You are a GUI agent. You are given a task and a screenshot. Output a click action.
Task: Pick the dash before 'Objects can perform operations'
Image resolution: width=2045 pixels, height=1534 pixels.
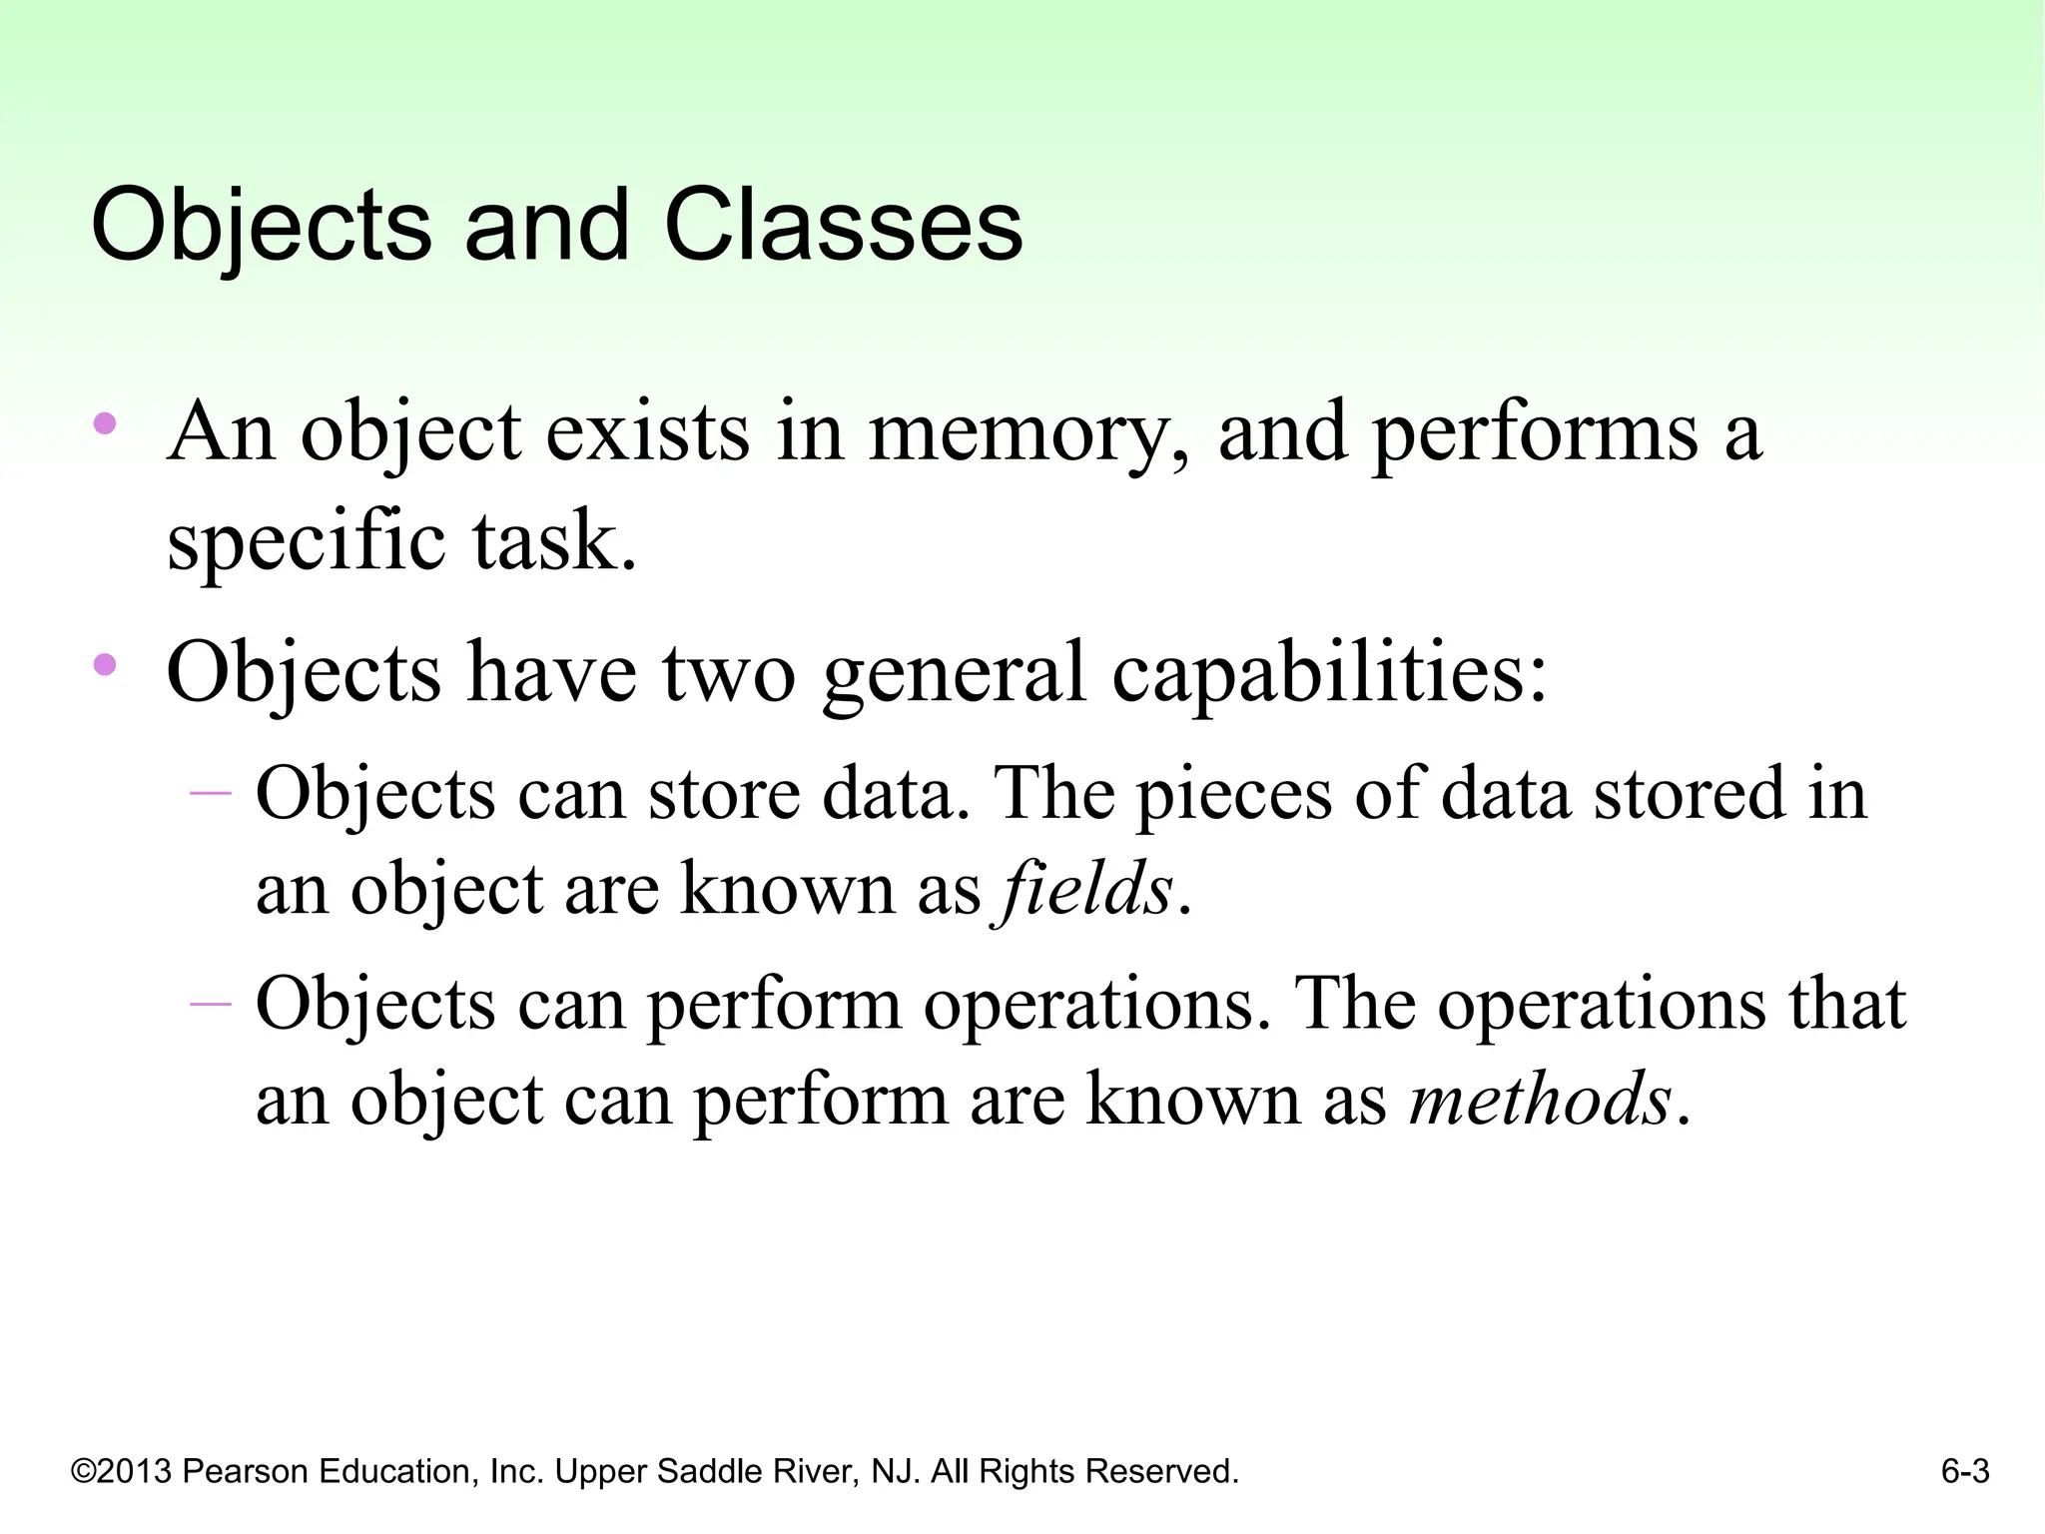tap(210, 1002)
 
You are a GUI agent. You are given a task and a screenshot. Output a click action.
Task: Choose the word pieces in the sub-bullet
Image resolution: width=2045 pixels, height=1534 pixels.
tap(1234, 794)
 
